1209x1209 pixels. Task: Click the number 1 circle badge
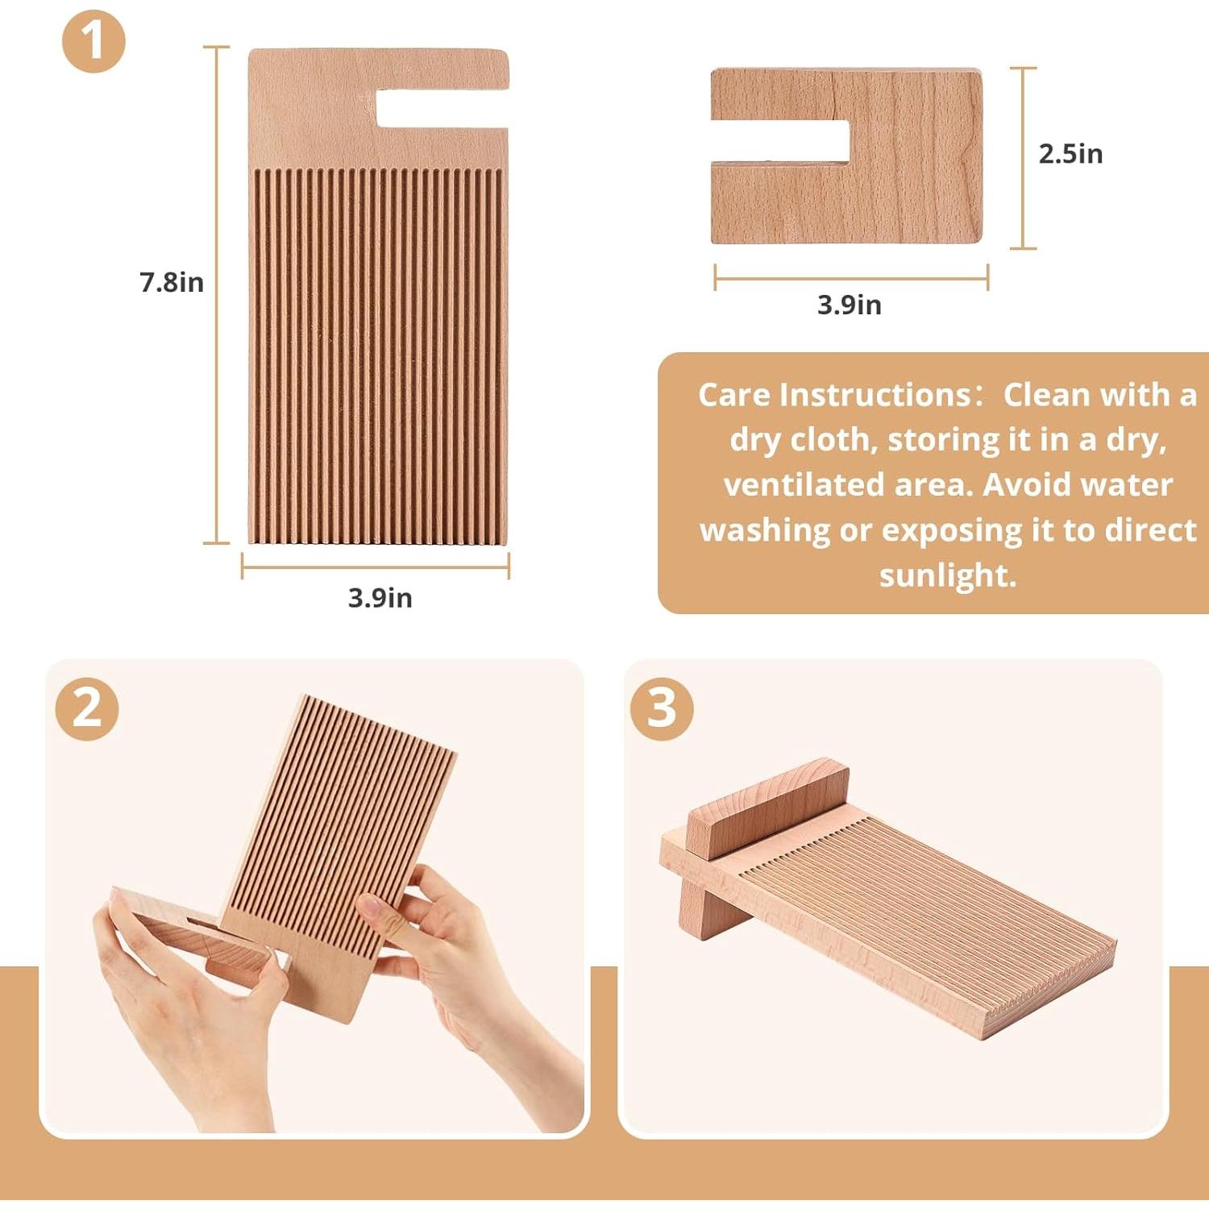(93, 41)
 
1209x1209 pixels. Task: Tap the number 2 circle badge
(87, 708)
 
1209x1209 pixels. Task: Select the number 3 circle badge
(661, 708)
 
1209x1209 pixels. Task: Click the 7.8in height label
(172, 282)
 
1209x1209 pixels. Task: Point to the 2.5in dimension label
(1070, 153)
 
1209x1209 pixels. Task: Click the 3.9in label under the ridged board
(380, 598)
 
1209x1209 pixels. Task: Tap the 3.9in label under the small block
(850, 305)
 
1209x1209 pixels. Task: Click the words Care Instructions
(836, 395)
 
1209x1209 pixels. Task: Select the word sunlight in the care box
(947, 575)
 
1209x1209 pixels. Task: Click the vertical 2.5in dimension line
(1023, 158)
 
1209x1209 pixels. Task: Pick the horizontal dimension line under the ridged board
(376, 567)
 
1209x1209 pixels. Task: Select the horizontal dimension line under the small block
(851, 278)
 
